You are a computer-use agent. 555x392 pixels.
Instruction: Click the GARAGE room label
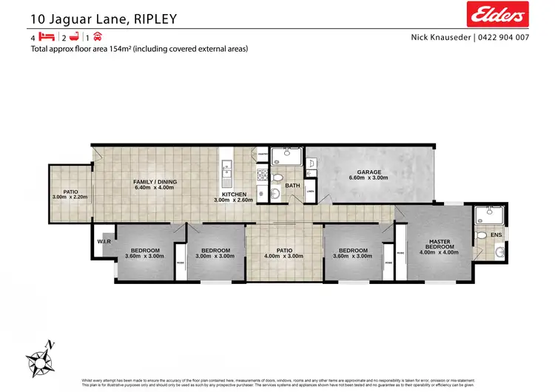[x=369, y=172]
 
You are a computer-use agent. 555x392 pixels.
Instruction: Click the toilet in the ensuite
[x=482, y=235]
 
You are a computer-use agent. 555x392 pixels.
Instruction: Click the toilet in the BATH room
[x=277, y=178]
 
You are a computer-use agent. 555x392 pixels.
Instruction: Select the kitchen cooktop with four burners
[x=261, y=175]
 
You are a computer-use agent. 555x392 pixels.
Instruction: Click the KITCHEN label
[x=233, y=195]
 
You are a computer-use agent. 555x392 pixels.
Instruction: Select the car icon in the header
[x=97, y=37]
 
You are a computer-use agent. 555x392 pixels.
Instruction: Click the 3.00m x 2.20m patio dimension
[x=70, y=197]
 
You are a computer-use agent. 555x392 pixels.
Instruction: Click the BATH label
[x=292, y=186]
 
